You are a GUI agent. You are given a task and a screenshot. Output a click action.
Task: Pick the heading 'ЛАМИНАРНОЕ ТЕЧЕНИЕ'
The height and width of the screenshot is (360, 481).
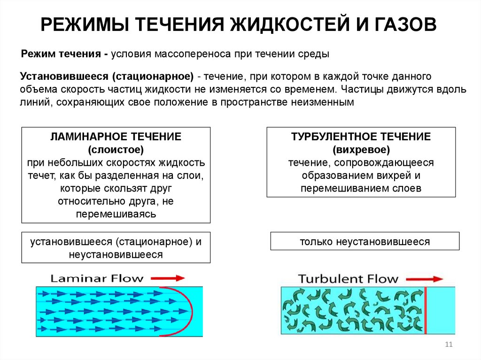tap(116, 138)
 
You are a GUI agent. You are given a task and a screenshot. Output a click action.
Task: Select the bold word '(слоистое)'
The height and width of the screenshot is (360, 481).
tap(116, 150)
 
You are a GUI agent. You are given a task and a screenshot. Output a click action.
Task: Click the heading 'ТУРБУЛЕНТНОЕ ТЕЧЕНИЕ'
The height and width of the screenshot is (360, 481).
tap(361, 138)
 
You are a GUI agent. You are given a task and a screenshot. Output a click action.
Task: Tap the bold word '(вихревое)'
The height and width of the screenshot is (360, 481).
tap(361, 150)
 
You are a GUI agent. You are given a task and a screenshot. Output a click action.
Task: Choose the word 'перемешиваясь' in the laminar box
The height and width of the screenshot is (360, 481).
tap(116, 214)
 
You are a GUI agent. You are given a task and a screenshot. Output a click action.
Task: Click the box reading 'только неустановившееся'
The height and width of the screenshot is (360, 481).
tap(365, 242)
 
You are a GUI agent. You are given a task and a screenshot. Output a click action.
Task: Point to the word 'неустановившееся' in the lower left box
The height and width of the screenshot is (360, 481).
tap(116, 255)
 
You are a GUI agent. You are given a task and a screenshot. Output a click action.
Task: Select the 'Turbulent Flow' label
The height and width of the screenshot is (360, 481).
tap(348, 278)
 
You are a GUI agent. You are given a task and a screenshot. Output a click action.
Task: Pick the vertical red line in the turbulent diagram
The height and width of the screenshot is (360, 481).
tap(425, 310)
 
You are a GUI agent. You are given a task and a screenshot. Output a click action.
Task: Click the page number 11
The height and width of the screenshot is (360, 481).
tap(448, 345)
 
